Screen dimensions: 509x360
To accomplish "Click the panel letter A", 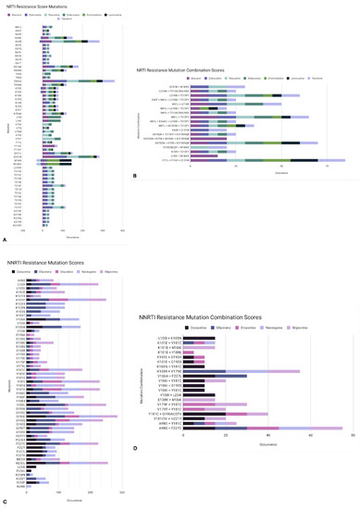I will pyautogui.click(x=6, y=240).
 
